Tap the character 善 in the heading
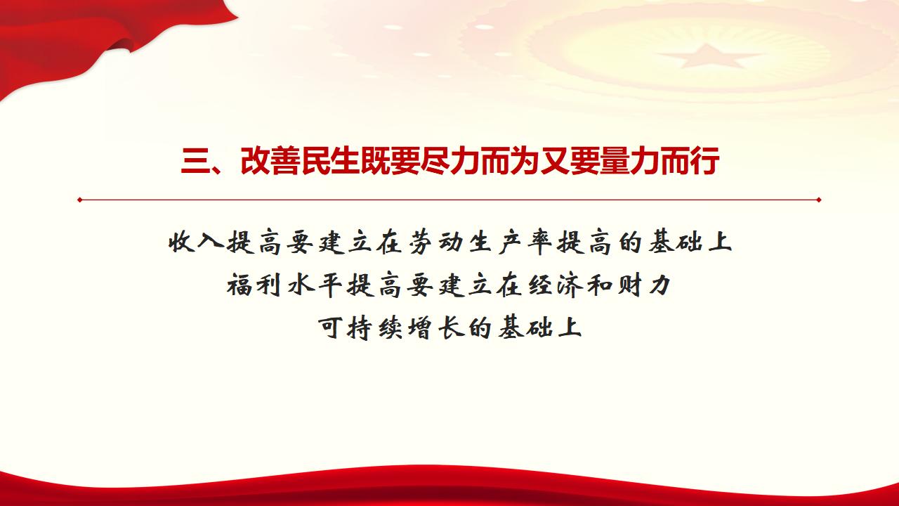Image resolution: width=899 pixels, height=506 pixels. point(284,162)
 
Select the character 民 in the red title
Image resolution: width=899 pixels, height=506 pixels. point(315,162)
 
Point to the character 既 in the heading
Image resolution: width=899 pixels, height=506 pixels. point(374,162)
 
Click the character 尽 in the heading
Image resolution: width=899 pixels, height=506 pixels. point(435,162)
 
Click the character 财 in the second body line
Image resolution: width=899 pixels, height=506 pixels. point(620,285)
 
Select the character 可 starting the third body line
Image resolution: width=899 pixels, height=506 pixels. point(334,327)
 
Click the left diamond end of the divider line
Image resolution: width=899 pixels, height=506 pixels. point(80,200)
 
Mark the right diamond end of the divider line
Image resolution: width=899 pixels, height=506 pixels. point(819,200)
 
